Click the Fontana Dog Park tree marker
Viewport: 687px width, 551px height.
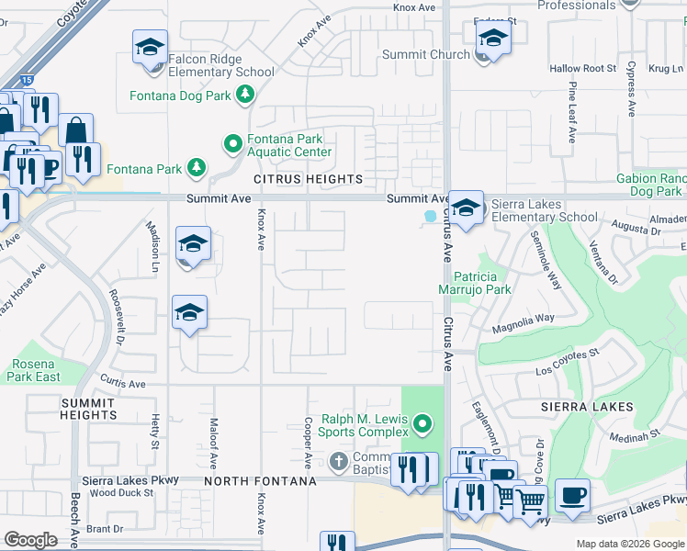point(245,94)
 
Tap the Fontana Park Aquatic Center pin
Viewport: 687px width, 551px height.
point(232,143)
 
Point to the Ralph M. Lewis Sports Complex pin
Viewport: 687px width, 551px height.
point(422,424)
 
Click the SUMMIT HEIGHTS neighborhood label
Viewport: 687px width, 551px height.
point(88,410)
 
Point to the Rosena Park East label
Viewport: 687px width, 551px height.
point(37,370)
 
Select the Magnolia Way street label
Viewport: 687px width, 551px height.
point(524,318)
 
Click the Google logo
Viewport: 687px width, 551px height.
point(30,540)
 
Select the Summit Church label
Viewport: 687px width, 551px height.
point(424,55)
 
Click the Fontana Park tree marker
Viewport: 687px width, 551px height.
point(196,167)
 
